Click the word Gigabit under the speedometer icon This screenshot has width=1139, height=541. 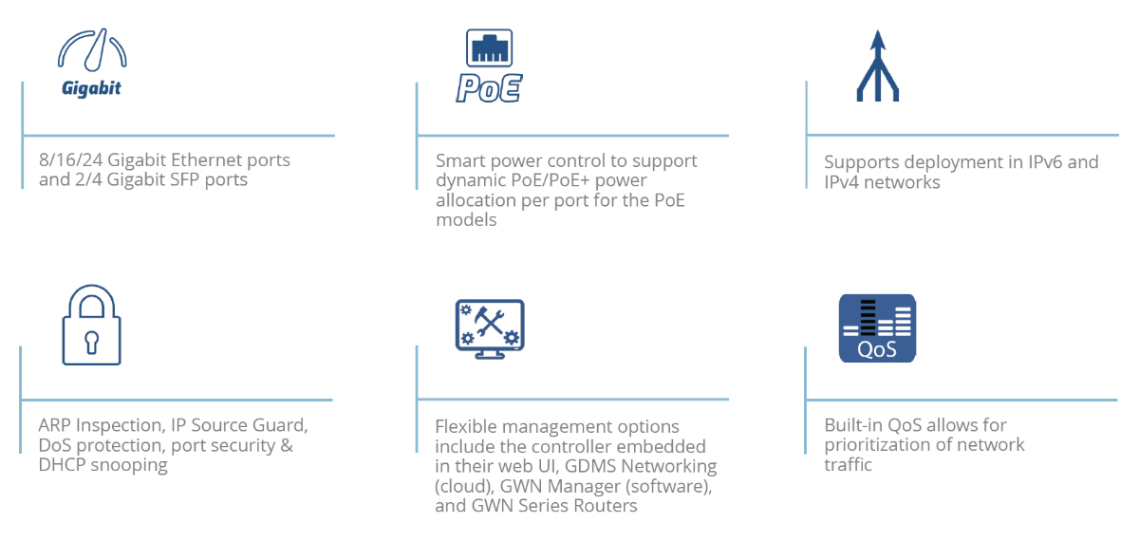tap(91, 88)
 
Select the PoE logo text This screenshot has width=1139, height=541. tap(489, 88)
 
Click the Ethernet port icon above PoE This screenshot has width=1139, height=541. tap(489, 47)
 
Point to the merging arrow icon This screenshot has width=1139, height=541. tap(878, 66)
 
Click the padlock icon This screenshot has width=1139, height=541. tap(91, 325)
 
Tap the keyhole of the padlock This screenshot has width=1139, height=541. tap(91, 343)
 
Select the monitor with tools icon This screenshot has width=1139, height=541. tap(490, 329)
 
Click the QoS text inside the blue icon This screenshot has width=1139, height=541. tap(877, 350)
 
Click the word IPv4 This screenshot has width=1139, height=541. tap(842, 182)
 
